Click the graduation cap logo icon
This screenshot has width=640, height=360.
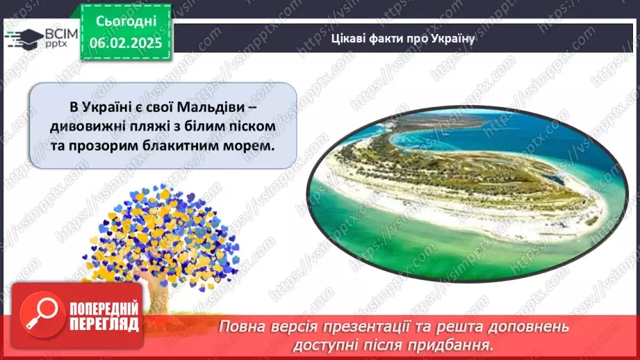tap(23, 38)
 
